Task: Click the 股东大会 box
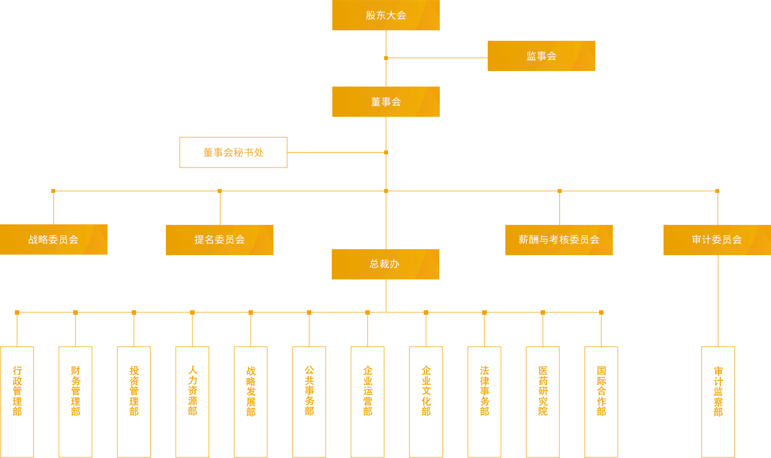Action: (386, 15)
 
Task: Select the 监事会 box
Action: (541, 56)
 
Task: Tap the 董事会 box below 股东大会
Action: (386, 101)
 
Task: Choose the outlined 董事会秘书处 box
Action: (233, 152)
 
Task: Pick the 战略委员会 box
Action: (53, 239)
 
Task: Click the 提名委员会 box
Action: (219, 240)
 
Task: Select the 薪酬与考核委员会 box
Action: (559, 240)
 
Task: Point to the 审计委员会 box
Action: (717, 240)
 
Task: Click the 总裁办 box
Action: (385, 264)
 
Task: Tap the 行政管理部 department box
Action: (17, 402)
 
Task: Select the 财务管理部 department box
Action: (76, 402)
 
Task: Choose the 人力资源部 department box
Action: (192, 402)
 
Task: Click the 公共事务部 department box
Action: (309, 402)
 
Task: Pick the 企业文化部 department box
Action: (426, 402)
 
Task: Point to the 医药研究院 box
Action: (543, 402)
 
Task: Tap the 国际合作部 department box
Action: (601, 402)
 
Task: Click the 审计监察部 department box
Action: (718, 402)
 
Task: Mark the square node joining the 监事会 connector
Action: (386, 58)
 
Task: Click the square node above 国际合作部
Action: (601, 312)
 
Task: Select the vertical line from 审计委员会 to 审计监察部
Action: (718, 300)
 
